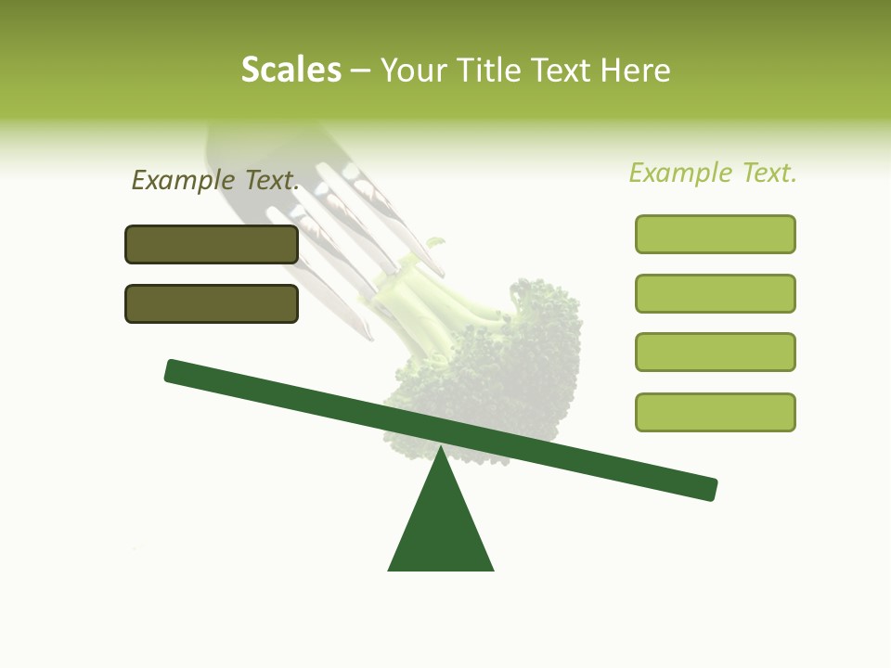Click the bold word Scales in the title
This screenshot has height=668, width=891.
[x=291, y=70]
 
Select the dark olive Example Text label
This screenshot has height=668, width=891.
[x=215, y=180]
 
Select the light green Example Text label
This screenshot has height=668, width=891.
[x=713, y=173]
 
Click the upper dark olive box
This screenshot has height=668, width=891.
[x=212, y=244]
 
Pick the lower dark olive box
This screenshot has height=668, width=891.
[x=212, y=303]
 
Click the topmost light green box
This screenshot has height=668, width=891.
[x=716, y=234]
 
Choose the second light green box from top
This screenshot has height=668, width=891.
[x=716, y=293]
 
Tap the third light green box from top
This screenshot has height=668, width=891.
[x=716, y=352]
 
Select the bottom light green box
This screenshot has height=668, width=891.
[x=716, y=412]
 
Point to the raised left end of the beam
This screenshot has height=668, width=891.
[x=174, y=371]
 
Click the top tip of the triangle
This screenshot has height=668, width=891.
[x=441, y=449]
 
